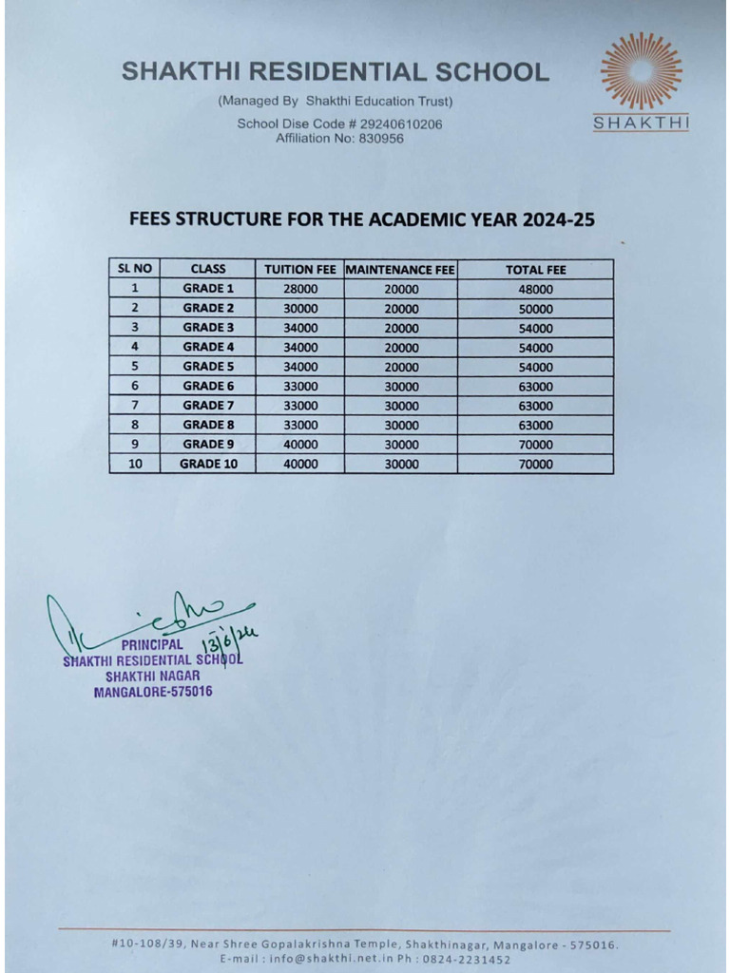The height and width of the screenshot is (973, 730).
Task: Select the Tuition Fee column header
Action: (299, 269)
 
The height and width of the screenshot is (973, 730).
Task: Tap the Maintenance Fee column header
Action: (400, 269)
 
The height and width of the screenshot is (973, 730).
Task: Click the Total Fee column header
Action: (535, 269)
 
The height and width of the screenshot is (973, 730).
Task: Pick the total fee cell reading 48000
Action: (535, 289)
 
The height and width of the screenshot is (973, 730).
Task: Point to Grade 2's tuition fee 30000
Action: (300, 309)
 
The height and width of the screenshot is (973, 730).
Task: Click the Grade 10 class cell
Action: (208, 465)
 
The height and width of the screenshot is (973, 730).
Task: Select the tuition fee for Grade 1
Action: (300, 289)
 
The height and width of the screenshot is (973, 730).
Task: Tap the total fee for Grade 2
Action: (535, 309)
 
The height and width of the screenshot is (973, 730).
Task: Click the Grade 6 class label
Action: (208, 386)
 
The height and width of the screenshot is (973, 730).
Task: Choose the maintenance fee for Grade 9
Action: (400, 445)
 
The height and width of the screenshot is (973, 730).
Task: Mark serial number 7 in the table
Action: (135, 406)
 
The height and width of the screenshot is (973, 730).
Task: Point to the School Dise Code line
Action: (339, 124)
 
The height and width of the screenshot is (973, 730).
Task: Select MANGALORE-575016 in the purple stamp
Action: (153, 692)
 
